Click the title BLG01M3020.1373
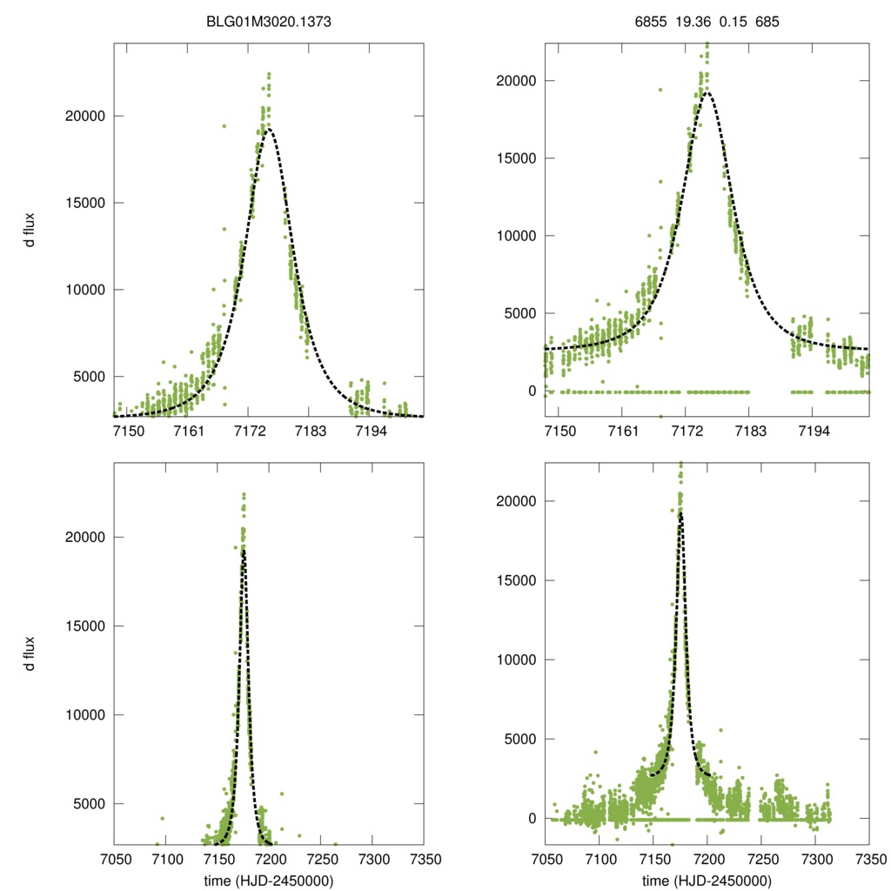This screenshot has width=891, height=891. [x=269, y=14]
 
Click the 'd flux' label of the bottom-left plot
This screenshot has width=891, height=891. [x=30, y=653]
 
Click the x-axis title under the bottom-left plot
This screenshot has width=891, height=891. [x=269, y=880]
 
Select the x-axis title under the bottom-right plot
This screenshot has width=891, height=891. [x=707, y=880]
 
